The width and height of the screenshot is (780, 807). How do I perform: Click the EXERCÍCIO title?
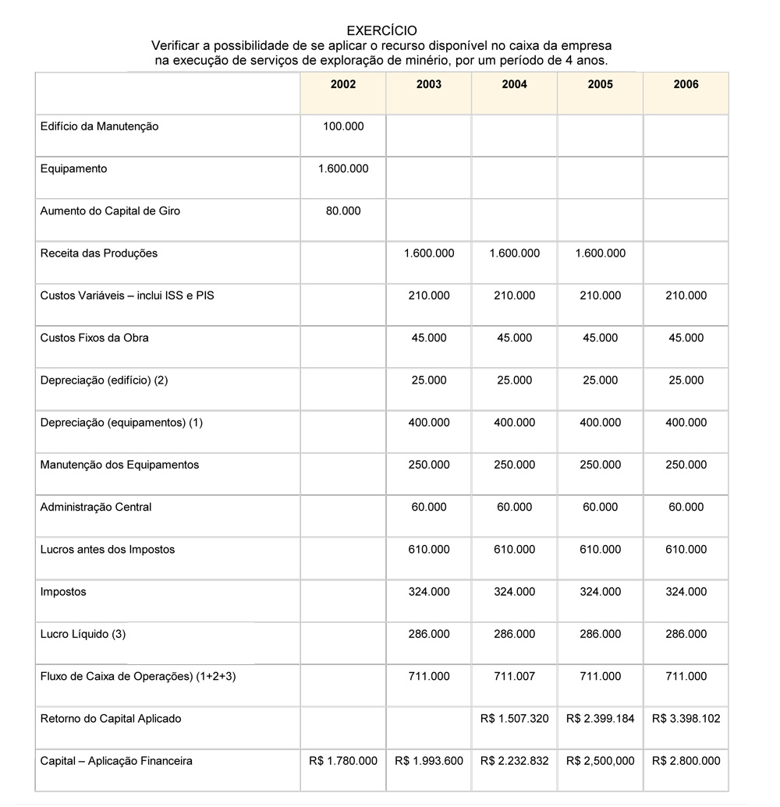point(382,31)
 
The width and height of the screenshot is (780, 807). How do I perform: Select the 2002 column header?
point(343,84)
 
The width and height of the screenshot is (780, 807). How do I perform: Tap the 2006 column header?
point(686,84)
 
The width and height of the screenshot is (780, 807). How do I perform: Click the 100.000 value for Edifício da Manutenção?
point(343,126)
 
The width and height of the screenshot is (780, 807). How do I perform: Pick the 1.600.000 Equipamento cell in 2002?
point(343,168)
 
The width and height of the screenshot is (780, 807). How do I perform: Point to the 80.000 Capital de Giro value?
point(343,211)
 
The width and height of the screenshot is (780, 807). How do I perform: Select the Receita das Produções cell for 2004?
point(515,253)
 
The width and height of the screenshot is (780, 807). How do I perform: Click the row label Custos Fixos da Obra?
point(94,338)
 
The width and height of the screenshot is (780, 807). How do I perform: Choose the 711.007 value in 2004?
point(515,676)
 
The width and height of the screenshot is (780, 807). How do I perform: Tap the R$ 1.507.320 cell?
point(515,718)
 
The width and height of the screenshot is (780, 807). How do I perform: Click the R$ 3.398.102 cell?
point(686,718)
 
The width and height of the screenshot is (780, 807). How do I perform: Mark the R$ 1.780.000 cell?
point(343,760)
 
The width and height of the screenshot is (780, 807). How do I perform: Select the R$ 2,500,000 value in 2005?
point(601,760)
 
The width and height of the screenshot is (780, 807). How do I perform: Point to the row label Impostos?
point(63,592)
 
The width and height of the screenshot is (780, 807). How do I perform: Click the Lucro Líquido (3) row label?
point(83,634)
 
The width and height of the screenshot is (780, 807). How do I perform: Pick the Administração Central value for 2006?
point(686,507)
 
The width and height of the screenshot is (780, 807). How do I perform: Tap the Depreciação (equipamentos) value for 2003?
point(429,423)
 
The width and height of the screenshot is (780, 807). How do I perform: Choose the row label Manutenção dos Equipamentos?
point(119,465)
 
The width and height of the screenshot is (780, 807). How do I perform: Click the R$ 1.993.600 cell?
point(429,760)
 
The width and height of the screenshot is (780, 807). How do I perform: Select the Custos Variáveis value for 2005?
point(601,296)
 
